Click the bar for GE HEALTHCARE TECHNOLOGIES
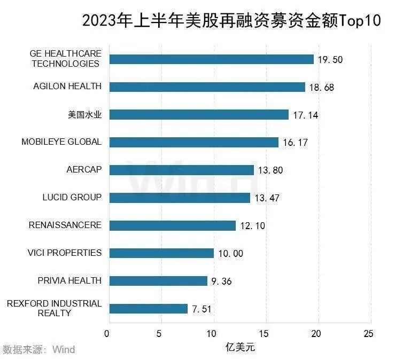pos(211,59)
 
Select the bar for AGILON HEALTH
pos(207,87)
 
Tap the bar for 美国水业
pos(199,114)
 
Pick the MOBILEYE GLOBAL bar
pos(193,142)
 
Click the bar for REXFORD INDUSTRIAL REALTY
pos(149,308)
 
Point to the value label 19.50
pos(330,59)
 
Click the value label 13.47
pos(267,198)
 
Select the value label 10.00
pos(230,253)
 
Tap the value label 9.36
pos(222,281)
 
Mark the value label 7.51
pos(202,309)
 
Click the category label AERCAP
pos(84,169)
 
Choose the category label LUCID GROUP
pos(72,197)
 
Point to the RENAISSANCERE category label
pos(65,225)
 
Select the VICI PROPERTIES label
pos(64,253)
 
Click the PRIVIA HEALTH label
pos(69,280)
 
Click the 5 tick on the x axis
pos(159,334)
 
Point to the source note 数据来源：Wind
pos(38,350)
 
